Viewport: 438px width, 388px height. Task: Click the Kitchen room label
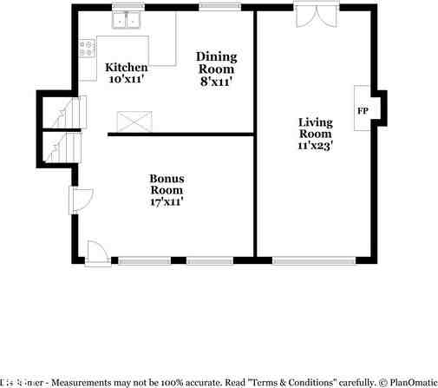point(126,68)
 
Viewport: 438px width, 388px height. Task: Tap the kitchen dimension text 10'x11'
point(126,80)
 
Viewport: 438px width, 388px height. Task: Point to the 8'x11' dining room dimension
point(215,82)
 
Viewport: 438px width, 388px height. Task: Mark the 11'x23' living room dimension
point(316,146)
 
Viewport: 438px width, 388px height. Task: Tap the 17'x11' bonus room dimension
point(167,202)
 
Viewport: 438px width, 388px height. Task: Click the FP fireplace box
point(363,110)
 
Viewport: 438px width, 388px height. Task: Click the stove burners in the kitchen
point(87,50)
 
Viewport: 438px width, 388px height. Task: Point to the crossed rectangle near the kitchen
point(134,121)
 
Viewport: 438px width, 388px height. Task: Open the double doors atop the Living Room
point(311,16)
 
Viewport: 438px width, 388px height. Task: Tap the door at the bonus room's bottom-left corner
point(96,252)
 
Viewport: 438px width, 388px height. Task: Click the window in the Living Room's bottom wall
point(313,260)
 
